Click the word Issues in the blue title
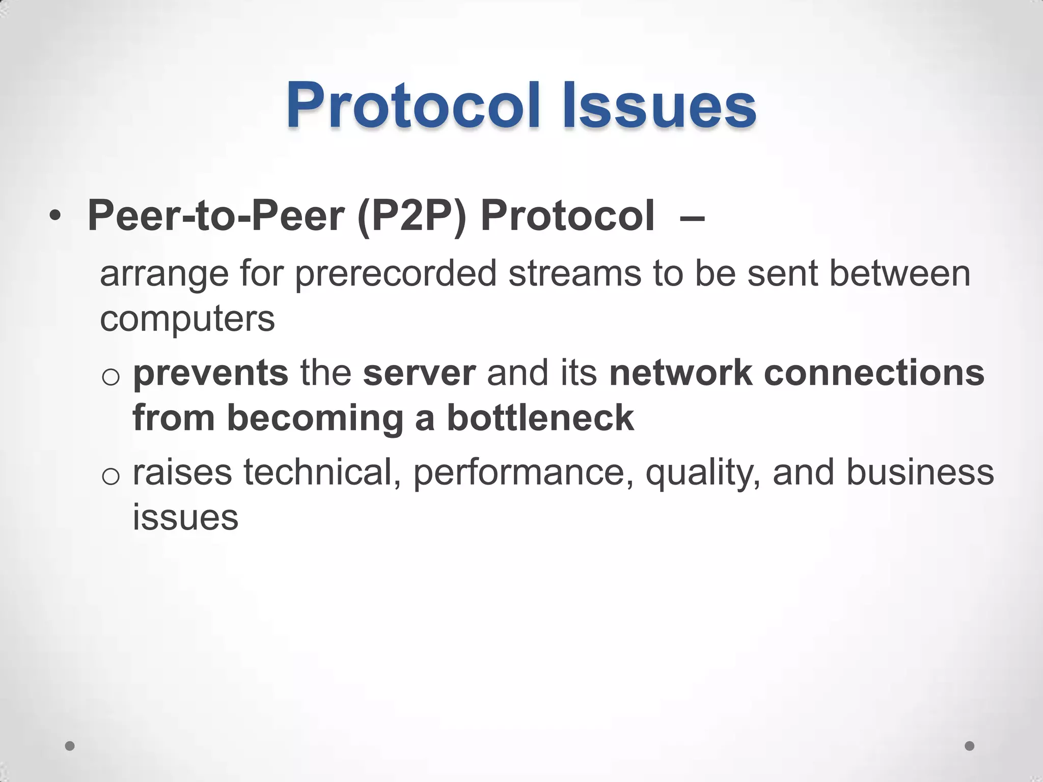point(659,106)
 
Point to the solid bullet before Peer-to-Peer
point(55,217)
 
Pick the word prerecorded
point(395,274)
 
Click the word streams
point(574,274)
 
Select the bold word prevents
point(210,373)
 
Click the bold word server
point(419,373)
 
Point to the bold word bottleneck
point(540,418)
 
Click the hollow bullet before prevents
point(111,377)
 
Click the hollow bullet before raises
point(111,477)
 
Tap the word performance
point(523,472)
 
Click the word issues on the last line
point(185,517)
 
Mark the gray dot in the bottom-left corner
point(70,746)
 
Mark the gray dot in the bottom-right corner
point(970,746)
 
